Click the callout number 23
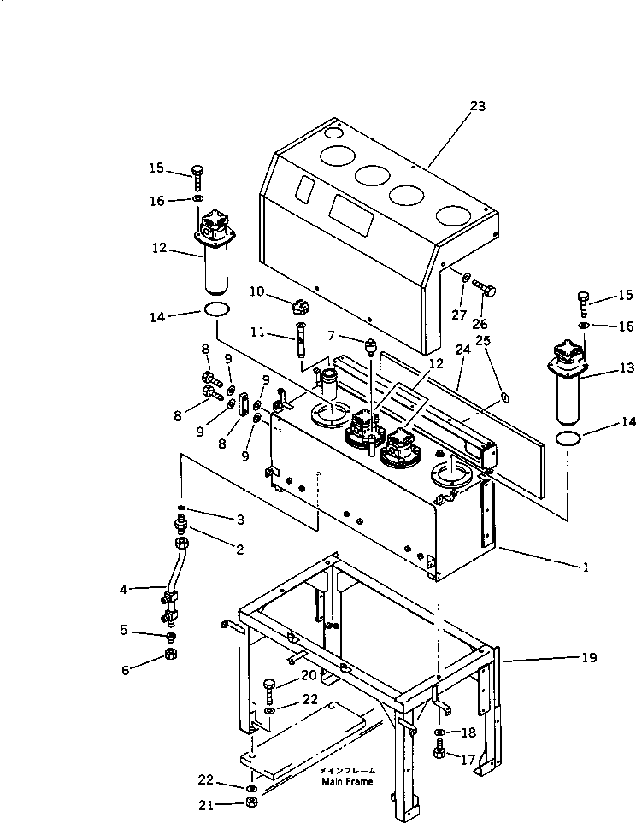[477, 106]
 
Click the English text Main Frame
[347, 781]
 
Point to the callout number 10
[256, 292]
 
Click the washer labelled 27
[465, 279]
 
